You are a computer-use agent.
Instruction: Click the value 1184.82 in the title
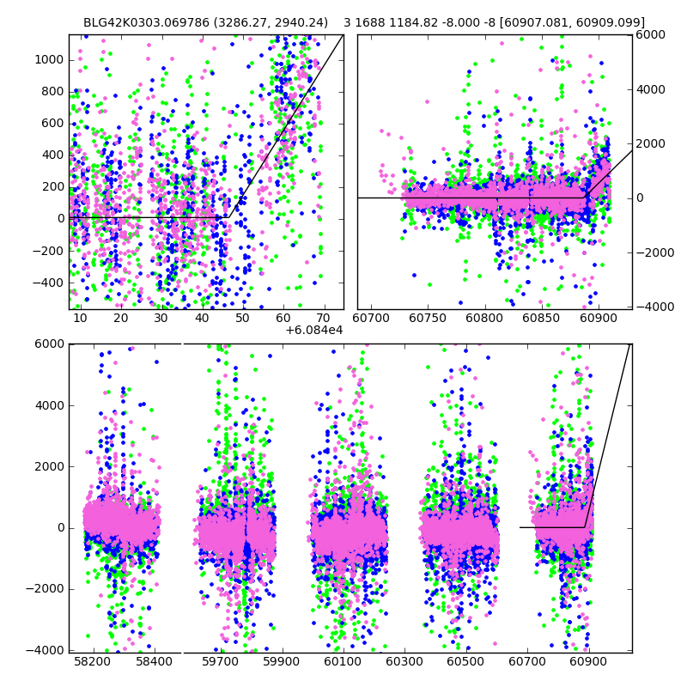point(416,22)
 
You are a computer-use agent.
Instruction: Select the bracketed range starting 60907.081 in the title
point(564,22)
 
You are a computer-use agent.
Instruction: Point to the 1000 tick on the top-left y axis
point(50,59)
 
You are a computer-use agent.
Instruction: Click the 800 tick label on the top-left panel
point(53,92)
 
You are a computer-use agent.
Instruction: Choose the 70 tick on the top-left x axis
point(323,318)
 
